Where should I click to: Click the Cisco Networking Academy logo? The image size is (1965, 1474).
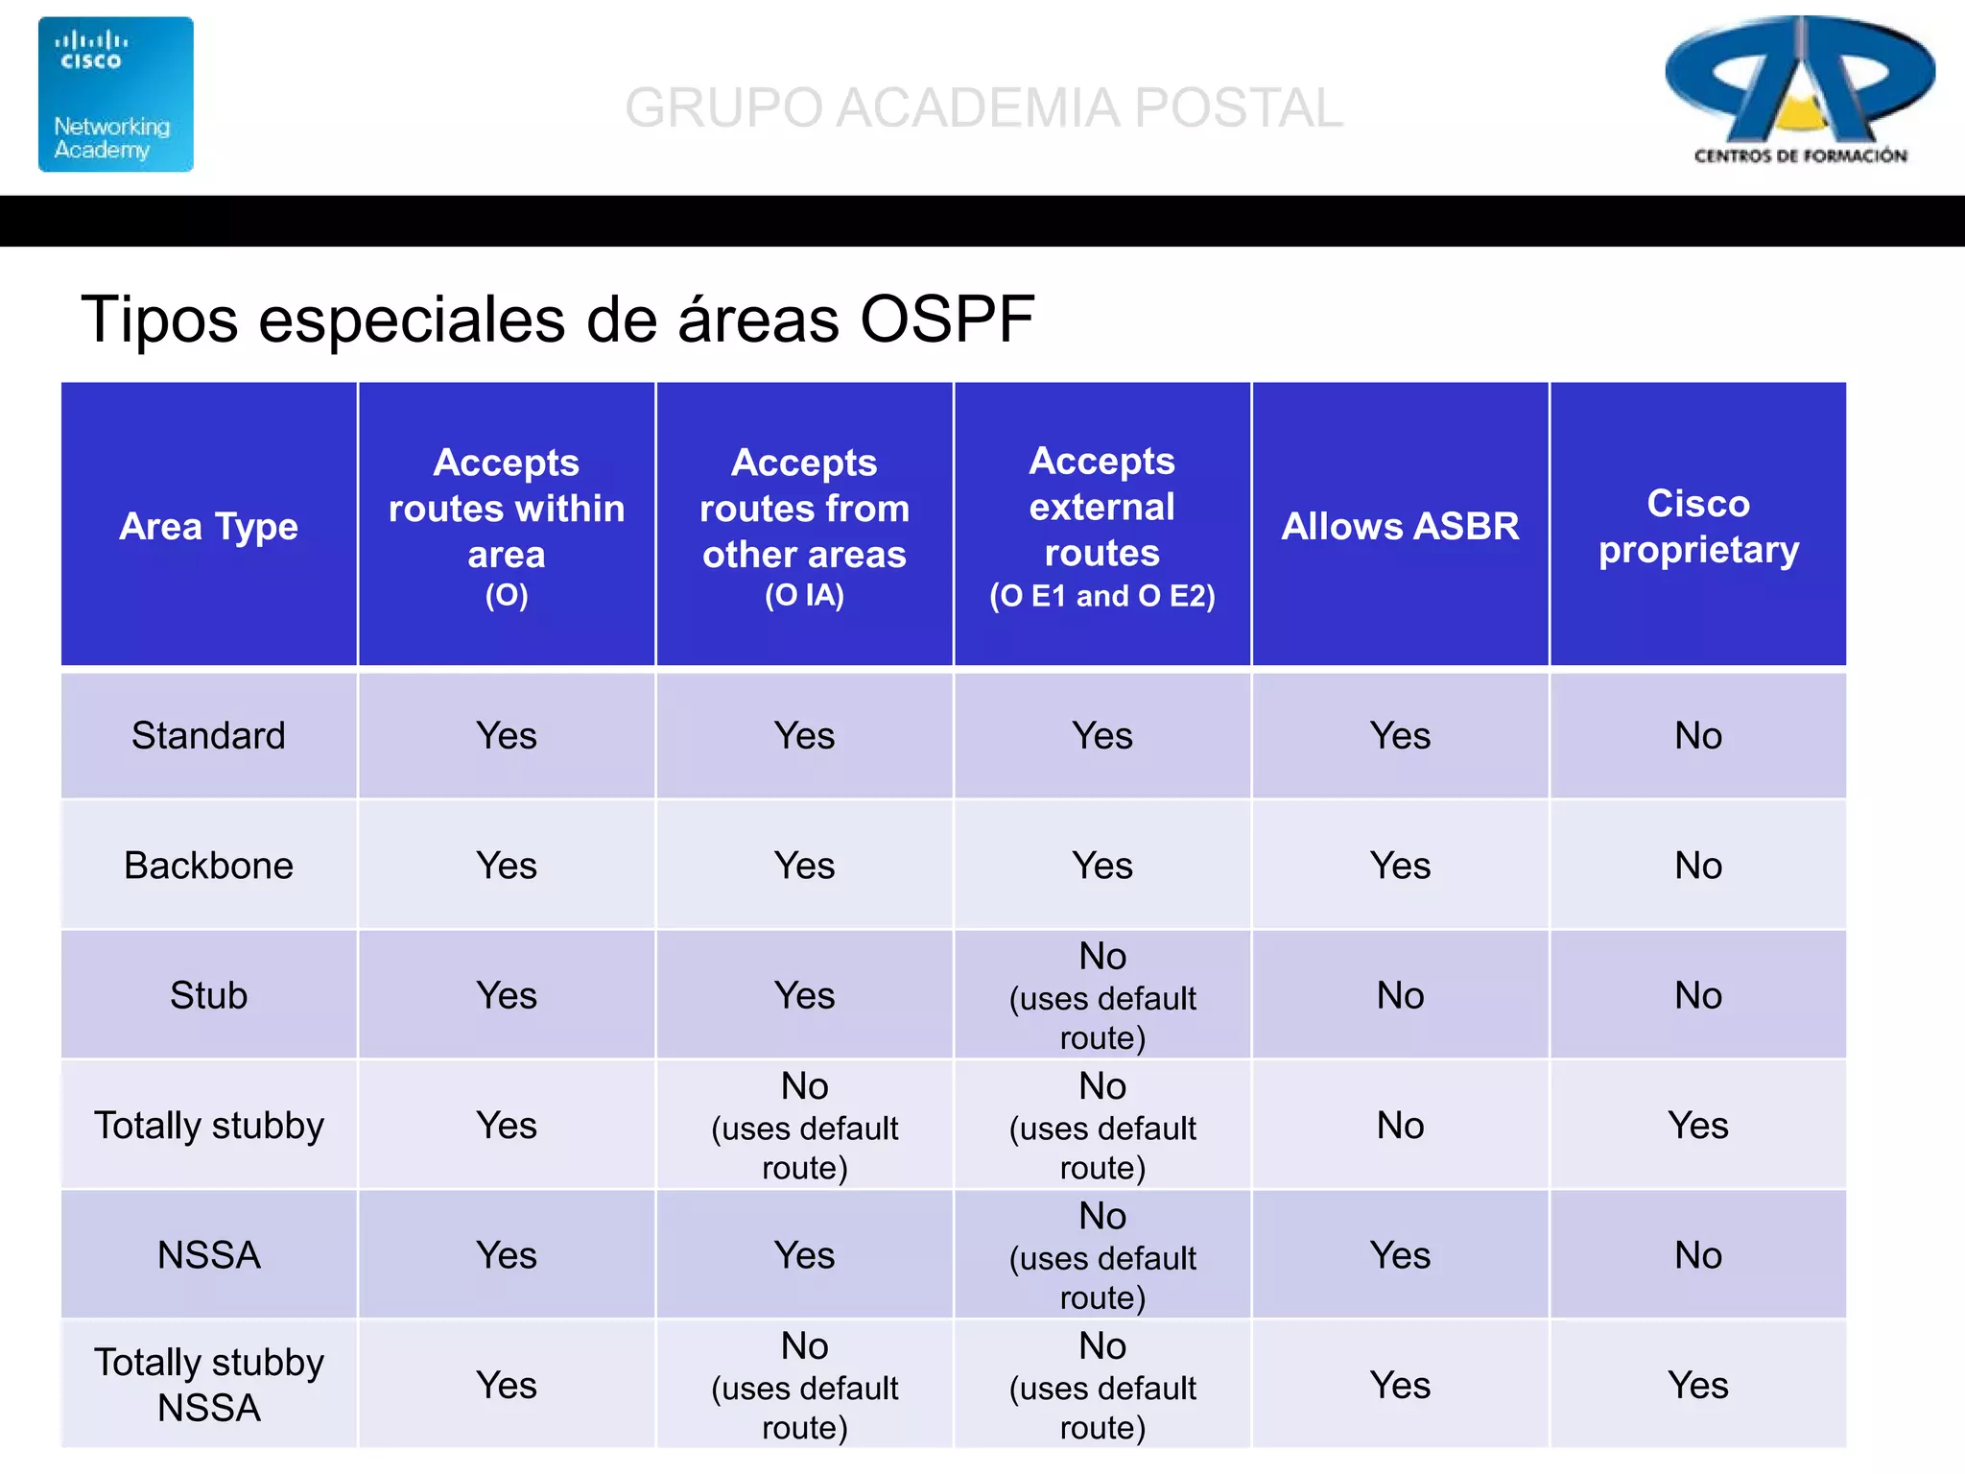click(115, 94)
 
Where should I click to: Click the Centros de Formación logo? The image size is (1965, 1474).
click(1800, 91)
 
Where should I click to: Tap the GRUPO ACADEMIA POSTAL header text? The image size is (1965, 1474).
click(983, 107)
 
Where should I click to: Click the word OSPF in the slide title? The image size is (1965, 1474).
click(946, 320)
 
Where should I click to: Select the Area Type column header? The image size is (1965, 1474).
click(209, 526)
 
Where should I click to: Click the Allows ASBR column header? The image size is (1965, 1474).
click(1400, 526)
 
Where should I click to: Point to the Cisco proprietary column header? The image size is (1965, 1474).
click(1698, 526)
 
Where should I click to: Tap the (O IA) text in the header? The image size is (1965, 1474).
click(804, 596)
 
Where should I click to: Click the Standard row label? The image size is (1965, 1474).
click(209, 736)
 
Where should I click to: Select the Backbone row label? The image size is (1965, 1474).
click(209, 866)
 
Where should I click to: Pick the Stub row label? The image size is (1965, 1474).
click(209, 995)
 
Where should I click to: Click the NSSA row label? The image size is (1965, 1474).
click(209, 1255)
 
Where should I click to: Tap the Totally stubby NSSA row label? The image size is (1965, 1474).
click(209, 1385)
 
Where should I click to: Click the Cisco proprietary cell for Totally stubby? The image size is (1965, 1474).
click(1698, 1125)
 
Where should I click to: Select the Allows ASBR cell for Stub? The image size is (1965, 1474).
click(1400, 995)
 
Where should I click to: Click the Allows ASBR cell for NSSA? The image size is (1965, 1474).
click(1400, 1255)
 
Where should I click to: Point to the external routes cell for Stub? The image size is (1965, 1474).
click(1102, 996)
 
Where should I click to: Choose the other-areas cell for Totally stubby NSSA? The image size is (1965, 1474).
click(804, 1385)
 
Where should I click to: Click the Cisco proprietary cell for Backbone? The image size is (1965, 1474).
click(1698, 866)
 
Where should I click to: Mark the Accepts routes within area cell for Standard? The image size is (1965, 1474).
click(507, 736)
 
